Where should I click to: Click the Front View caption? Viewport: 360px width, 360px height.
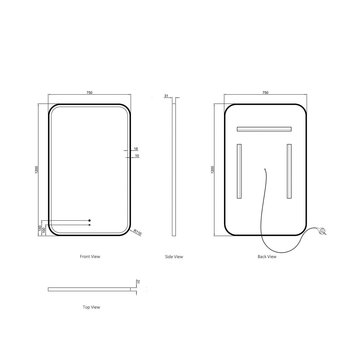pyautogui.click(x=90, y=257)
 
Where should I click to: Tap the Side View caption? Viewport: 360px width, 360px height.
pyautogui.click(x=174, y=257)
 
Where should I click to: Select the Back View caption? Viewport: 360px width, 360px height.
pyautogui.click(x=267, y=257)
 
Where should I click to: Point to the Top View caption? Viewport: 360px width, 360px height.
pyautogui.click(x=91, y=307)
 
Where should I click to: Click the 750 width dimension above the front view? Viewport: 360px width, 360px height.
pyautogui.click(x=90, y=93)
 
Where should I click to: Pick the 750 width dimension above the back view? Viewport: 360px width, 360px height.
pyautogui.click(x=265, y=93)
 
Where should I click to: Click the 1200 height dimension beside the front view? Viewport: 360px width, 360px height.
pyautogui.click(x=36, y=170)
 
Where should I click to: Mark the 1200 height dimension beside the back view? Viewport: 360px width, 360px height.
pyautogui.click(x=212, y=170)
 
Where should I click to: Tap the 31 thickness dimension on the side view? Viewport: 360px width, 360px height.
pyautogui.click(x=166, y=96)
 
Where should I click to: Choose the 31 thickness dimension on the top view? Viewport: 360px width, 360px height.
pyautogui.click(x=138, y=282)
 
